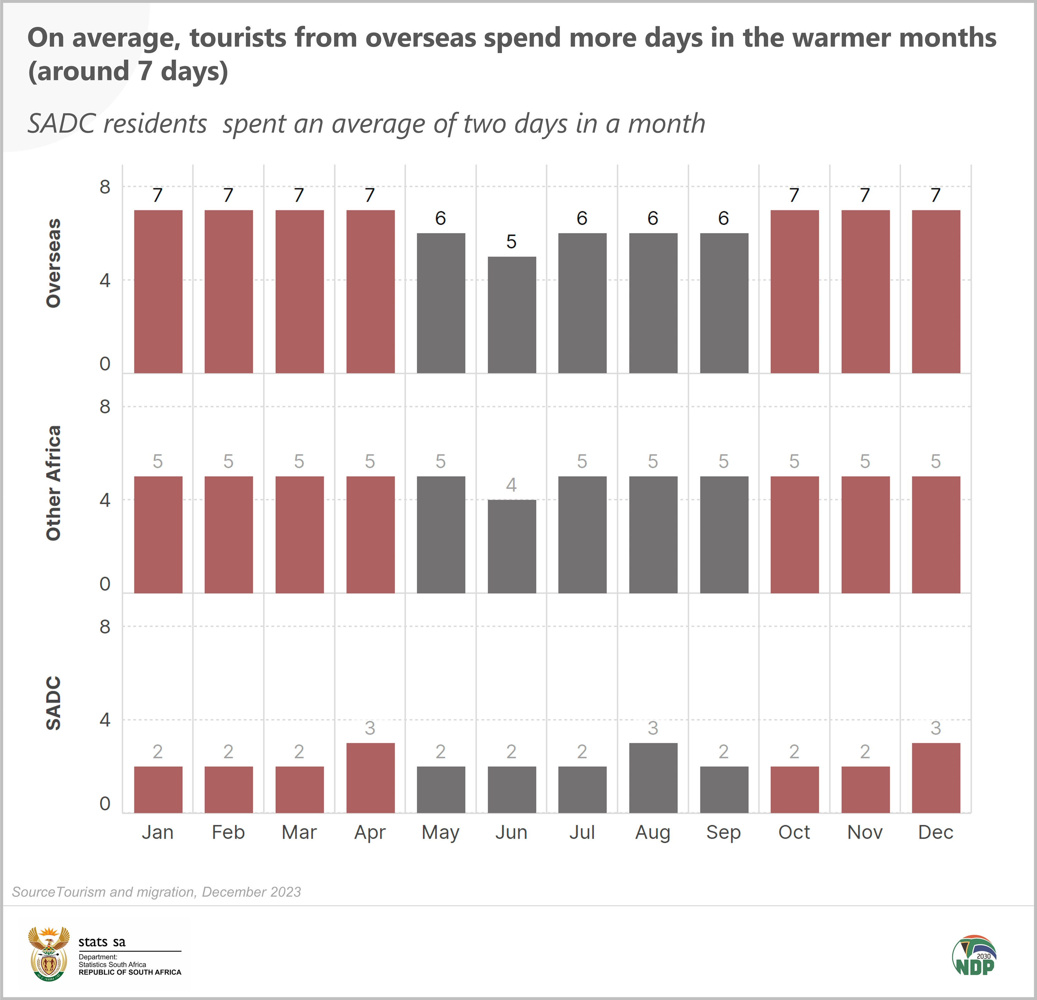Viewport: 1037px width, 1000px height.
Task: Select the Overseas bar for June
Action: tap(512, 315)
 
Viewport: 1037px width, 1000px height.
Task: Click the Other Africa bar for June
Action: tap(512, 546)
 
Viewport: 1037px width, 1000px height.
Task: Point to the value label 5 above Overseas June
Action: tap(511, 242)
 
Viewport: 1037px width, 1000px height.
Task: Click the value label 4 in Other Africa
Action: tap(511, 485)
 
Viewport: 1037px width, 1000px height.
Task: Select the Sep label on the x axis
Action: tap(723, 832)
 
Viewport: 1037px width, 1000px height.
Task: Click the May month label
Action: tap(440, 832)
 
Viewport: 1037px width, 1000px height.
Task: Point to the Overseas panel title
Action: tap(54, 263)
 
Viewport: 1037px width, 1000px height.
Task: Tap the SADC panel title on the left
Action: tap(54, 703)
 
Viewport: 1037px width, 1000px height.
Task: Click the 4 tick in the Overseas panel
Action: tap(105, 280)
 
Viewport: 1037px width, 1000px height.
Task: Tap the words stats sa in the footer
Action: tap(102, 942)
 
